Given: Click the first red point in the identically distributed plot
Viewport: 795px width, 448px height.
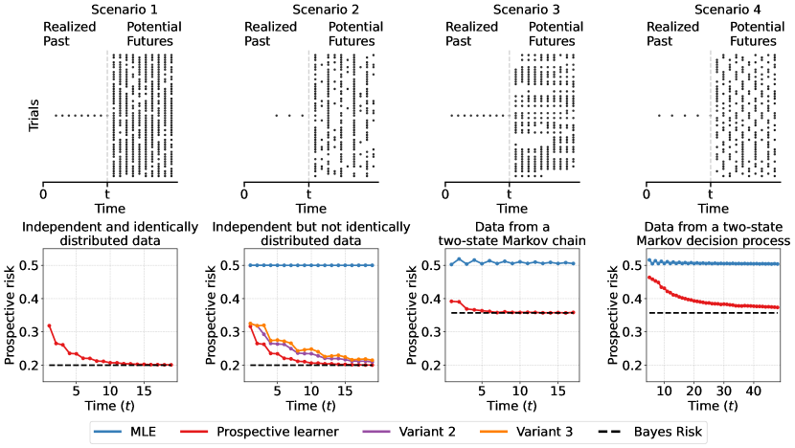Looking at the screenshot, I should coord(50,325).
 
